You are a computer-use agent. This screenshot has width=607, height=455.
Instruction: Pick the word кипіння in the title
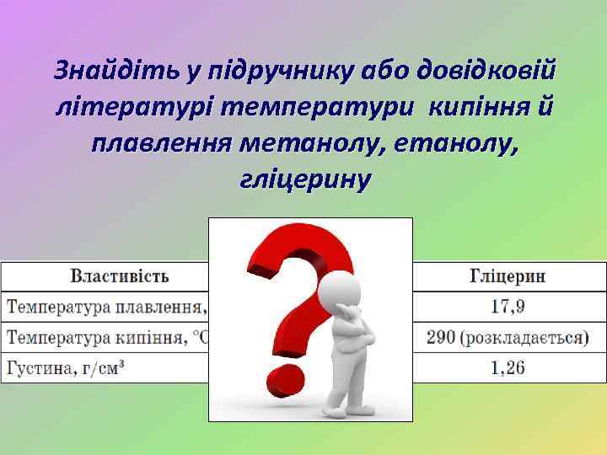point(477,109)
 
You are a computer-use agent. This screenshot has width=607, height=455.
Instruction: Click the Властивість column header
point(119,276)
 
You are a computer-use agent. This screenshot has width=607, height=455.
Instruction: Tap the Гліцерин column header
point(506,276)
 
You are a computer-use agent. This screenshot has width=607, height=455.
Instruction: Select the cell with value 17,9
point(507,307)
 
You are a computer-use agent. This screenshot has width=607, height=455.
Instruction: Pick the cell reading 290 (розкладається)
point(507,338)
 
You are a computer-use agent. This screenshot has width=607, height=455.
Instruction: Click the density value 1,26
point(507,368)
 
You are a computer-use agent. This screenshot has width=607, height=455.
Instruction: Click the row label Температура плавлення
point(106,307)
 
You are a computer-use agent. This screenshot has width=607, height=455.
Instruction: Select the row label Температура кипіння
point(106,338)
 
